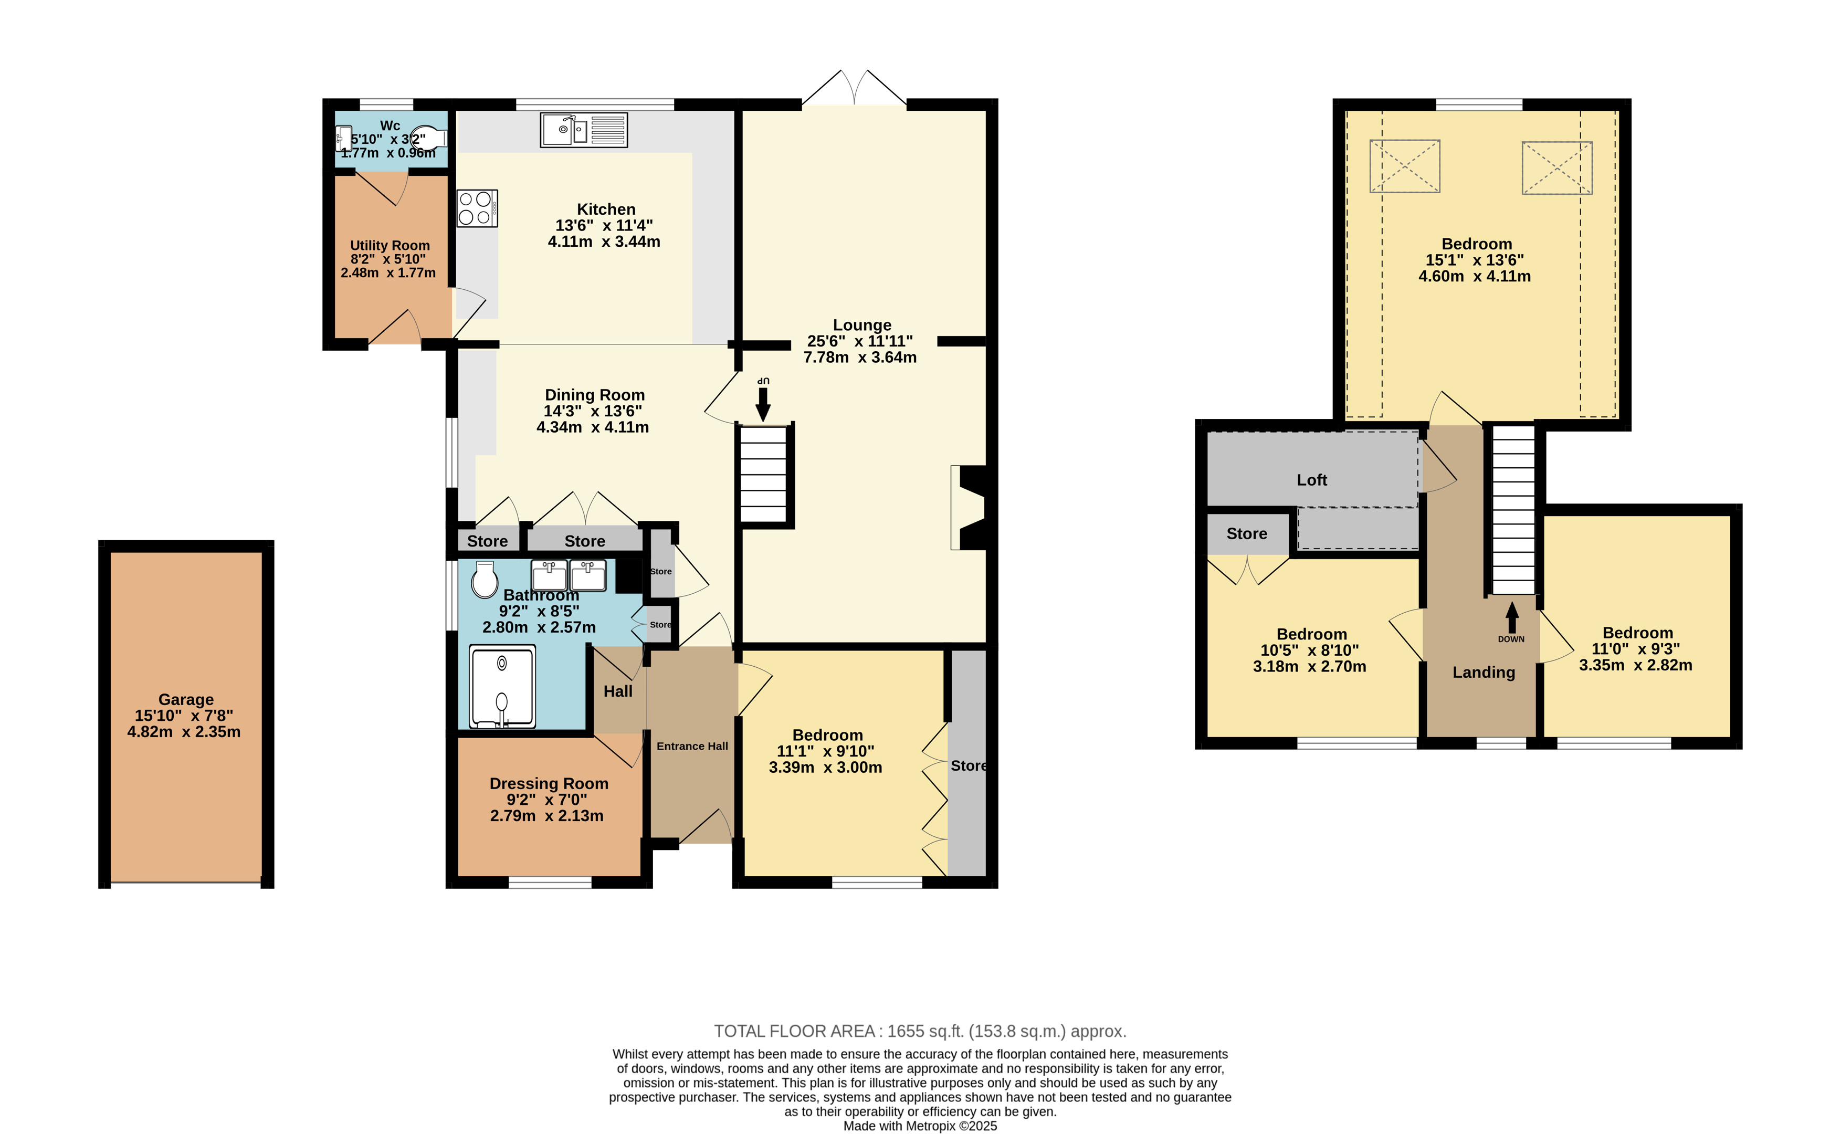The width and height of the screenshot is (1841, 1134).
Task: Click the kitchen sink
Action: (x=583, y=131)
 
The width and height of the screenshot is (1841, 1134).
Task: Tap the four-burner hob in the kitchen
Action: (x=477, y=208)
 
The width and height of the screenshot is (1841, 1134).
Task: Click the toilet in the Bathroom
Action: (x=485, y=579)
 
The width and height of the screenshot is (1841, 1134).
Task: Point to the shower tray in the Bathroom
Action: (x=502, y=686)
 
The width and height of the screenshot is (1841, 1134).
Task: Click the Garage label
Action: (x=186, y=699)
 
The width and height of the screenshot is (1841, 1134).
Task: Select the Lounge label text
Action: (x=862, y=325)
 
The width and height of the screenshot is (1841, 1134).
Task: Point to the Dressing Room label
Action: (x=549, y=783)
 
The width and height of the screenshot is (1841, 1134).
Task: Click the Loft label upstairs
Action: (x=1311, y=480)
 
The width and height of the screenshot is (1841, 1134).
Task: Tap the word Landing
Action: (x=1484, y=672)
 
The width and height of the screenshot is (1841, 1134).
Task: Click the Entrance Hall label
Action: (x=692, y=745)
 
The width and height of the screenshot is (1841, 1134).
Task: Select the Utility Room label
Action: (x=390, y=245)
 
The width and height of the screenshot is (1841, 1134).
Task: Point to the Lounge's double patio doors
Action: (x=854, y=89)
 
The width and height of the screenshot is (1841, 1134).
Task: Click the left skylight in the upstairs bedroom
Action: (x=1405, y=166)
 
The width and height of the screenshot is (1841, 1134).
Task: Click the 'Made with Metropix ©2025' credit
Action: (x=920, y=1126)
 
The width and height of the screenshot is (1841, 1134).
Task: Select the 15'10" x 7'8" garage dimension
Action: (x=184, y=716)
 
